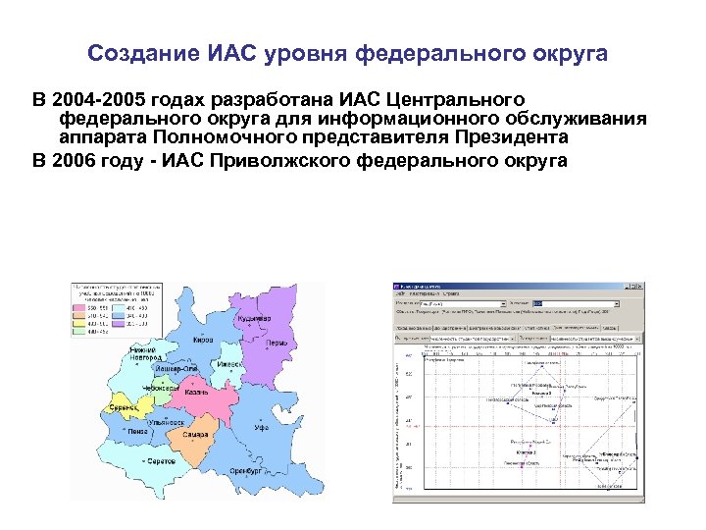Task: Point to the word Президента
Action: point(518,138)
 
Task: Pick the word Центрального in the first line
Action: point(455,100)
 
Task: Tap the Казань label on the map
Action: point(196,393)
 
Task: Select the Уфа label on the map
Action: point(262,429)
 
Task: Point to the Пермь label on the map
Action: point(277,344)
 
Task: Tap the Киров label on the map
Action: point(203,341)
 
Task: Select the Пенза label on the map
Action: point(138,430)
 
